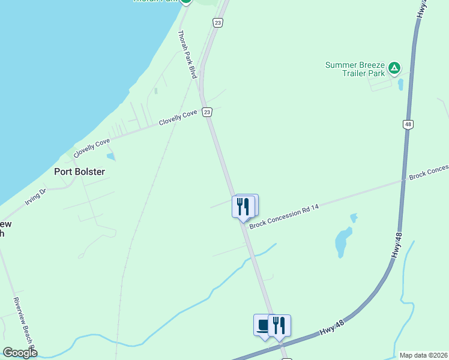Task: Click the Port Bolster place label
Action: (x=79, y=172)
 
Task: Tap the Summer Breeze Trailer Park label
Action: (x=354, y=69)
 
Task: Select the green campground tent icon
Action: (x=394, y=68)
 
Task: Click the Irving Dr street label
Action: (x=35, y=197)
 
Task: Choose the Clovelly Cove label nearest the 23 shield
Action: (x=178, y=118)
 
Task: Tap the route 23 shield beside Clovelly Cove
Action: (x=206, y=112)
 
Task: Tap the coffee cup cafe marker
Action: (x=263, y=325)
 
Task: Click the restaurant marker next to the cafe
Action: (x=279, y=325)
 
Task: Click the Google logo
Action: (x=20, y=353)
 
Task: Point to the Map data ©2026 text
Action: (x=423, y=355)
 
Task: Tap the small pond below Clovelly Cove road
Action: (x=110, y=157)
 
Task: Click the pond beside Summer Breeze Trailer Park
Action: (x=400, y=84)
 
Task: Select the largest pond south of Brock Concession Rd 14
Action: (x=343, y=242)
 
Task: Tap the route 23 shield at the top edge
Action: (x=217, y=22)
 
